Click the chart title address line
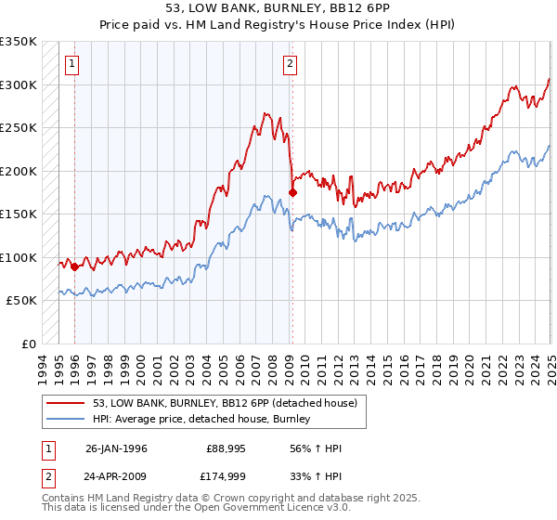pos(278,8)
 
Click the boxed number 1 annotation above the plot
pos(72,64)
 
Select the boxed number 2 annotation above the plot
pos(291,64)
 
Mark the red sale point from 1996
pos(74,266)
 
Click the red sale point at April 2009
pos(292,192)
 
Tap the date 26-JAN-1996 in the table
pos(116,448)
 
